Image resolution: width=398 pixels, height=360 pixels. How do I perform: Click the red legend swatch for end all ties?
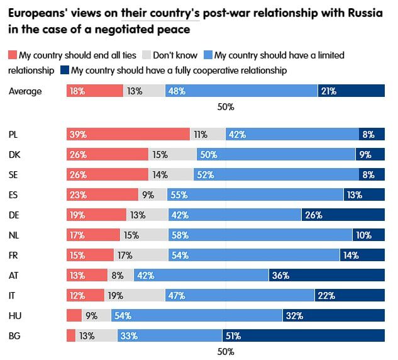[13, 55]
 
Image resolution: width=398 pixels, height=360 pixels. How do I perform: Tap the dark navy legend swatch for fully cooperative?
[65, 70]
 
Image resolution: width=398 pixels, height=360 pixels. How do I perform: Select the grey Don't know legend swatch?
[148, 55]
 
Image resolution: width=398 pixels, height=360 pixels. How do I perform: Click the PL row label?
[14, 134]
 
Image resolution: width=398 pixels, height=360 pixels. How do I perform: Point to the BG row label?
[14, 335]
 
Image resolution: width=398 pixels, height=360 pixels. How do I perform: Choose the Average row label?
[25, 91]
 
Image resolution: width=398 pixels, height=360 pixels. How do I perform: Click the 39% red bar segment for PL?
[128, 134]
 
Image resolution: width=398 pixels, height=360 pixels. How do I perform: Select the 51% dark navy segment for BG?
[303, 335]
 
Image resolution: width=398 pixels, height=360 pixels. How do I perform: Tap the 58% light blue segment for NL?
[260, 235]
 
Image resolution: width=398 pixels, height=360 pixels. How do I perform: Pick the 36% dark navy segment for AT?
[326, 275]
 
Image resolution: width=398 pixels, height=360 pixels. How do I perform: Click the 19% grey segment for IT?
[135, 295]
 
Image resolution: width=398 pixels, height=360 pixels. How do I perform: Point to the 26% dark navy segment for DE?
[343, 215]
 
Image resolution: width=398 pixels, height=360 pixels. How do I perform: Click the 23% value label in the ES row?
[79, 194]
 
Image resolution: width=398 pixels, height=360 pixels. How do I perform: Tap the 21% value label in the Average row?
[328, 91]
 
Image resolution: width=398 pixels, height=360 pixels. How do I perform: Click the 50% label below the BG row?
[226, 351]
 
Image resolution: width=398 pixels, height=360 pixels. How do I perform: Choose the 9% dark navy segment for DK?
[370, 154]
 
